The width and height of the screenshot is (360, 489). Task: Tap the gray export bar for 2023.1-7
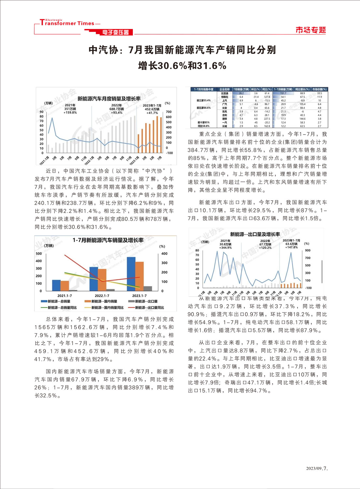(148, 288)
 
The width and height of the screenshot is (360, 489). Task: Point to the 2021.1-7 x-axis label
(65, 296)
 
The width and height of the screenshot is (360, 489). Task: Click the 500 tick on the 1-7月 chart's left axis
(39, 253)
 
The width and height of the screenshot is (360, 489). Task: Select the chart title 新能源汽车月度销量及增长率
(109, 98)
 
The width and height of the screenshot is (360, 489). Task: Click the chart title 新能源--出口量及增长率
(255, 234)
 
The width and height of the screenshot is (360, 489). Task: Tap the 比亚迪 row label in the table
(224, 93)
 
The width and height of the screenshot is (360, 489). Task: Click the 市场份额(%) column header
(319, 89)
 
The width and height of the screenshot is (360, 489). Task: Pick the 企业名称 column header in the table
(224, 89)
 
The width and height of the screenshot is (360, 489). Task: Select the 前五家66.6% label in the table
(204, 108)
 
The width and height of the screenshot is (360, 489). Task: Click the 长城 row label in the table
(224, 126)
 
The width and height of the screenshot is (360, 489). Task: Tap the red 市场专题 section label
(310, 30)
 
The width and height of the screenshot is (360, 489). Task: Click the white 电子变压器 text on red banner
(115, 32)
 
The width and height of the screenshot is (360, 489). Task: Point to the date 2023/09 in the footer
(313, 468)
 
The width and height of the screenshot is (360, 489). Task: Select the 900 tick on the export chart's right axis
(308, 251)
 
